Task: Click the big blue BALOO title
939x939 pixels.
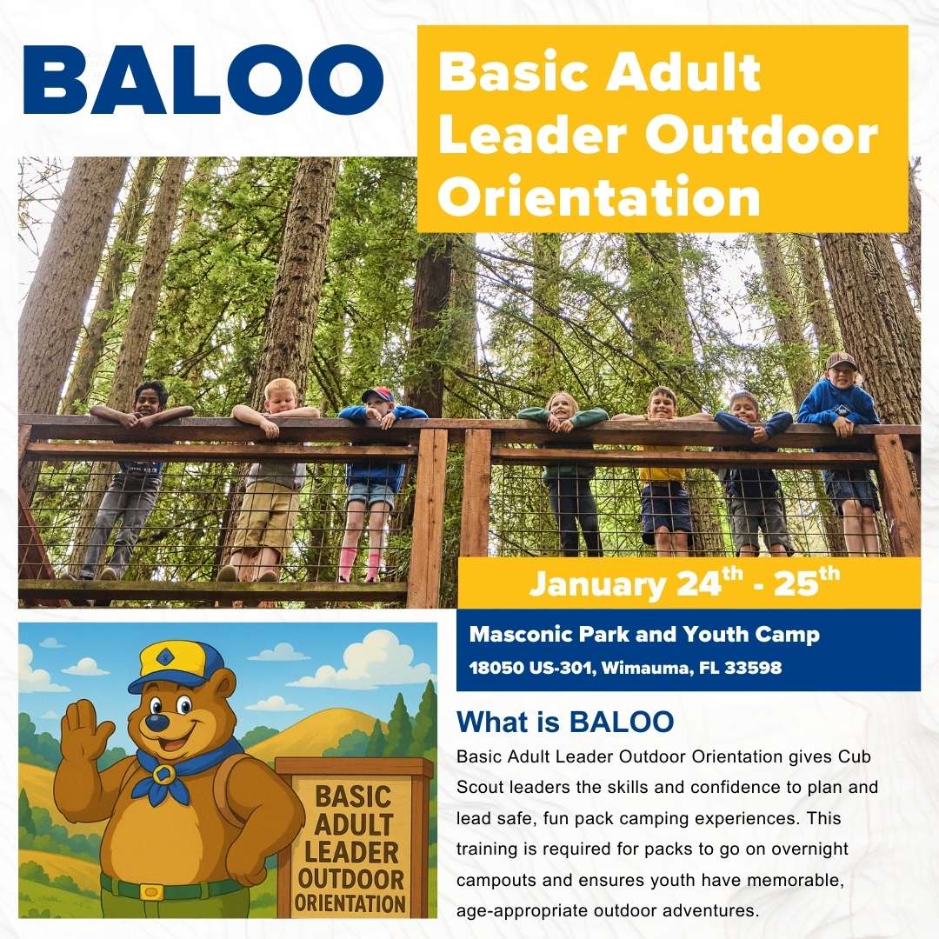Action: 203,80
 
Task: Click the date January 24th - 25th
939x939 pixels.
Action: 684,582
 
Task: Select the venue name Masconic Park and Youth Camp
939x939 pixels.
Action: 644,634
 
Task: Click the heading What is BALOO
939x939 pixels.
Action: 565,722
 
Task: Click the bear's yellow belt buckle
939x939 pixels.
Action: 151,892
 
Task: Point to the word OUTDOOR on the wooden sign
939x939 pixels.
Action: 351,879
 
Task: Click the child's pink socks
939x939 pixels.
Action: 360,566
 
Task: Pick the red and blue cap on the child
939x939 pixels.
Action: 378,395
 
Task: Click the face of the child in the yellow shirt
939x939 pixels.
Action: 663,403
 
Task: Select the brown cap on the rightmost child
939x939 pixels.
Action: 842,360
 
